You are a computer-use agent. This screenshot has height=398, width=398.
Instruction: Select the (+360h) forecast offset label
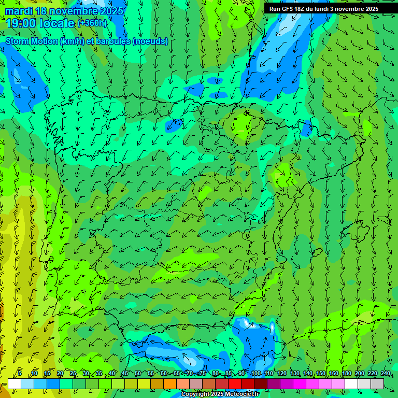coord(92,23)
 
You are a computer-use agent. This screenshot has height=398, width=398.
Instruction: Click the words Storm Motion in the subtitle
coord(32,41)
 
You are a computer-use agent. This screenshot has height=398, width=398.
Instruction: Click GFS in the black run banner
coord(288,9)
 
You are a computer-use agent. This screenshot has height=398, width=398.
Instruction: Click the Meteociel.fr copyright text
coord(220,394)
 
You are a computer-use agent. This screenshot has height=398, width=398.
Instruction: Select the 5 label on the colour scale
coord(20,374)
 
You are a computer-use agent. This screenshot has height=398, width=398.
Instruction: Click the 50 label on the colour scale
coord(138,374)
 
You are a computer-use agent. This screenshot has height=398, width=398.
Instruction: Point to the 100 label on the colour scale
coord(255,374)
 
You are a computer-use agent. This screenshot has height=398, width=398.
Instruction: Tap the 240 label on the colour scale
coord(386,374)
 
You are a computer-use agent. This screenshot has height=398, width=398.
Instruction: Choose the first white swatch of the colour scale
coord(15,383)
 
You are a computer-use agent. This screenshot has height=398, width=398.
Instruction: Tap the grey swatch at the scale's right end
coord(377,383)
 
